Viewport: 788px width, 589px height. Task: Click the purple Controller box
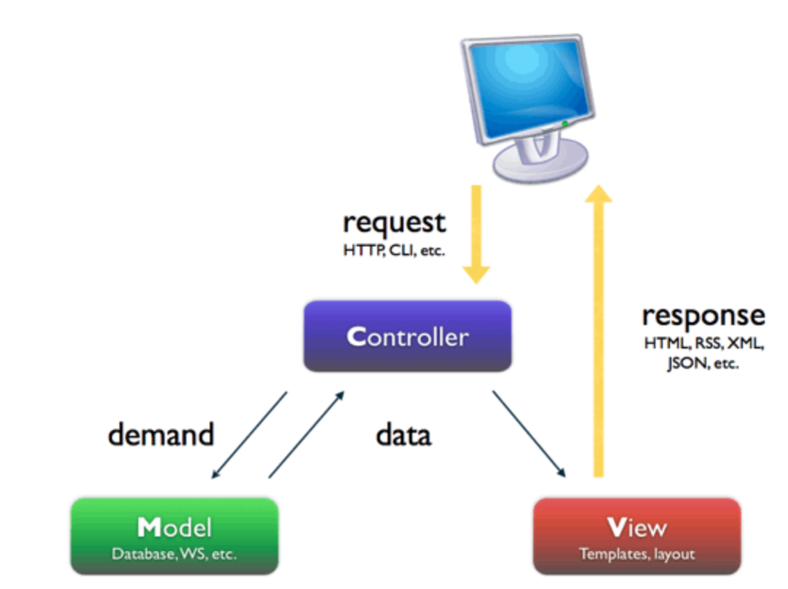point(407,336)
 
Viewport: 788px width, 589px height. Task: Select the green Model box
point(174,536)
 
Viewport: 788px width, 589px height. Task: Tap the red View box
point(637,536)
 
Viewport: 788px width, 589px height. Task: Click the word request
point(394,222)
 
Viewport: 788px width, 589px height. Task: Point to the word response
point(703,316)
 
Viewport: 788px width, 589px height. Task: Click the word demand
point(161,434)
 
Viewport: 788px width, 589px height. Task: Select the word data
point(403,434)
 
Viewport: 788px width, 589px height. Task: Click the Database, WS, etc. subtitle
point(174,554)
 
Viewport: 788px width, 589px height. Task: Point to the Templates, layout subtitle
point(637,554)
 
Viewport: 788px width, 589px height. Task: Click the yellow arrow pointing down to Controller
point(476,233)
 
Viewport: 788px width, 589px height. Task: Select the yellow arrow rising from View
point(599,328)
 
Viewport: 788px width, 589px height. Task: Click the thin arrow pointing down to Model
point(248,436)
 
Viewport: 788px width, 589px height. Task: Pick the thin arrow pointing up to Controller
point(307,434)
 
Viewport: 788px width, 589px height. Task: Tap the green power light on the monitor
point(564,124)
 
